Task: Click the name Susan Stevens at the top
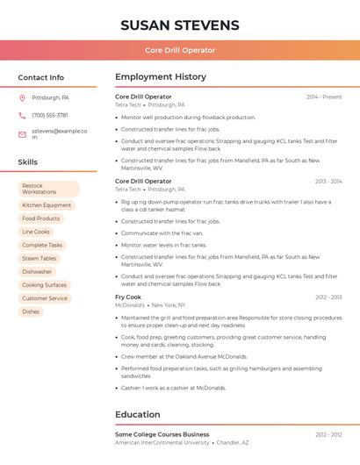[x=180, y=25]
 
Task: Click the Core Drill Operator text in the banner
[x=180, y=50]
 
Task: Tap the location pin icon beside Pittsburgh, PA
[x=22, y=98]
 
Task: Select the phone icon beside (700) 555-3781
[x=22, y=116]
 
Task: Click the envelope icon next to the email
[x=22, y=134]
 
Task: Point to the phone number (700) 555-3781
[x=50, y=116]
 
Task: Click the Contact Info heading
[x=40, y=77]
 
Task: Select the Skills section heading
[x=27, y=162]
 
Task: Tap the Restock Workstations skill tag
[x=48, y=189]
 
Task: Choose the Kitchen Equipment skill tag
[x=47, y=205]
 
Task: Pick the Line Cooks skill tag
[x=36, y=232]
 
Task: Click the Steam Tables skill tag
[x=40, y=259]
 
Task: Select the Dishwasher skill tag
[x=37, y=272]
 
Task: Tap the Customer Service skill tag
[x=45, y=298]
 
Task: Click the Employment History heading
[x=161, y=77]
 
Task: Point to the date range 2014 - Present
[x=324, y=97]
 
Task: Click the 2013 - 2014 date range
[x=328, y=182]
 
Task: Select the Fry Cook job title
[x=128, y=297]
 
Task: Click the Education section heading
[x=138, y=414]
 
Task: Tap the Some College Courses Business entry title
[x=162, y=434]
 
